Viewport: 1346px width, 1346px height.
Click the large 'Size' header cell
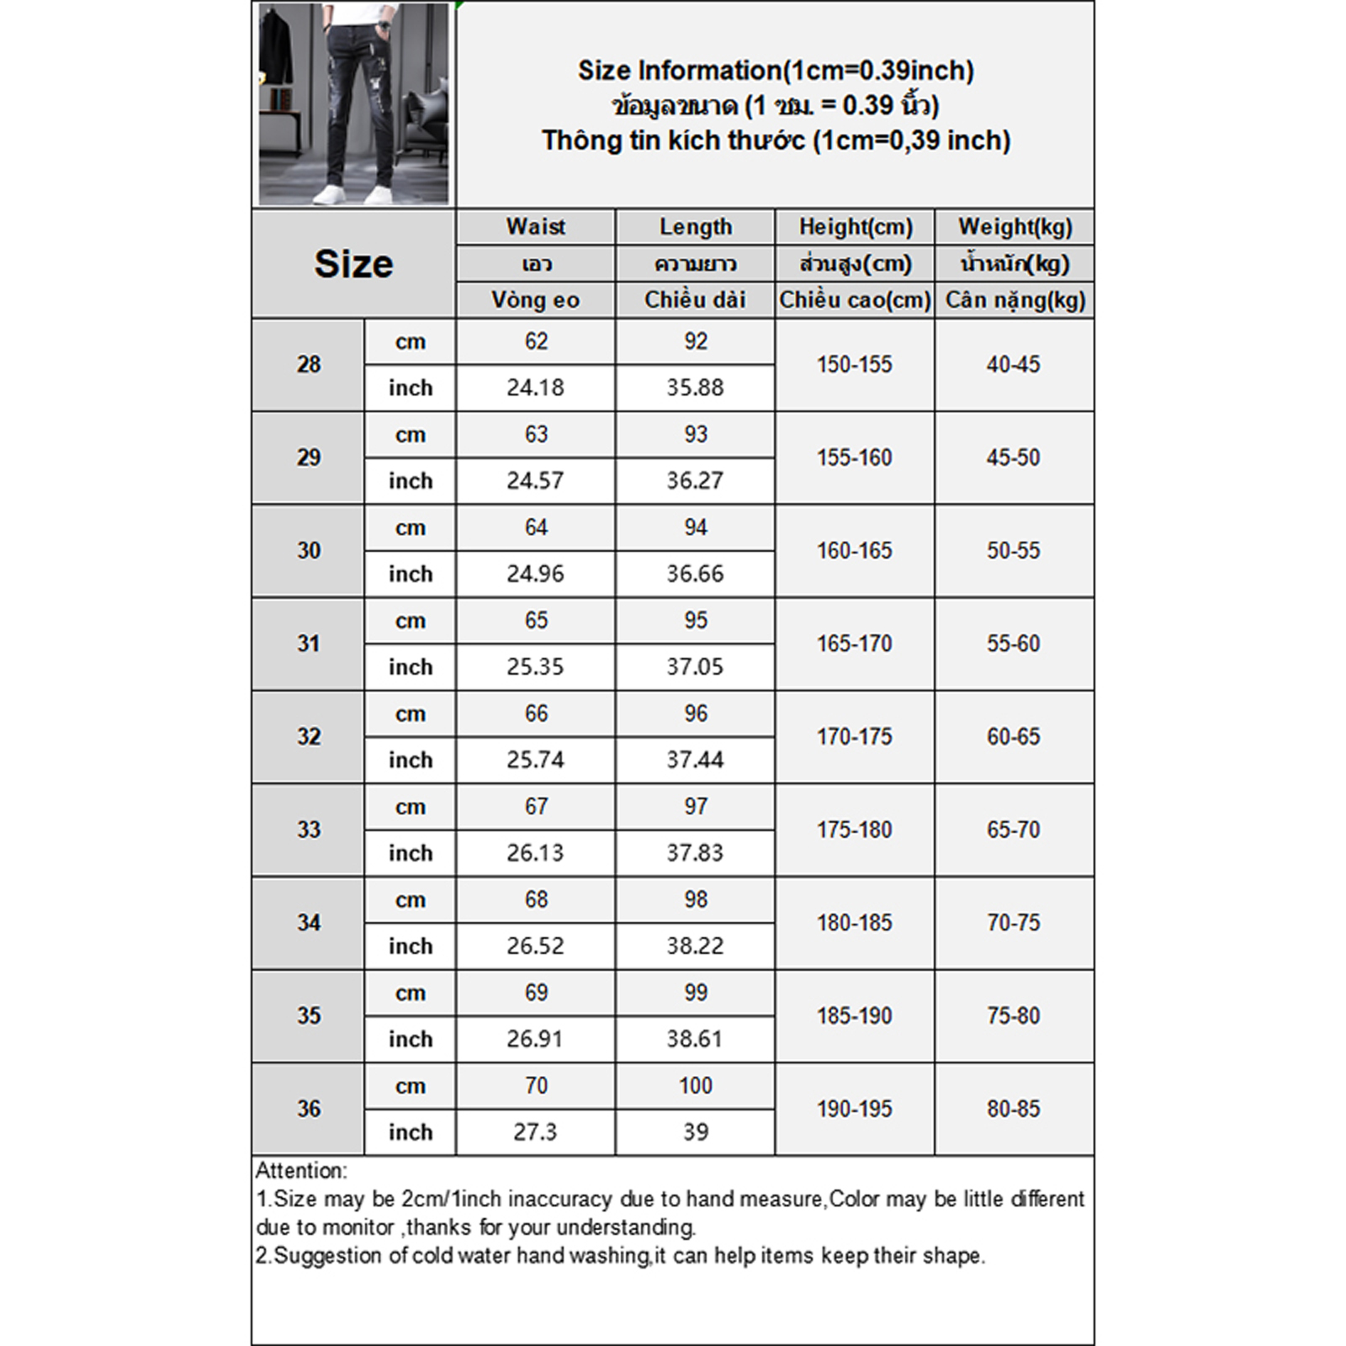[353, 264]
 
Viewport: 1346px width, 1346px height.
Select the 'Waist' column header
[535, 227]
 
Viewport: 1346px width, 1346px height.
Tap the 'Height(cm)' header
[855, 227]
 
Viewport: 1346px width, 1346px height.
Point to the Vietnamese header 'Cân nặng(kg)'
[1015, 300]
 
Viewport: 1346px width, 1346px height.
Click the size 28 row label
[309, 365]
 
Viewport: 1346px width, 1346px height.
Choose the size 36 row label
[309, 1109]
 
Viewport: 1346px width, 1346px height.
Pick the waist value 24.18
[535, 388]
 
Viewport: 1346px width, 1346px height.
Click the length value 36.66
[695, 574]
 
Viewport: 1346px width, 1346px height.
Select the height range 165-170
[854, 644]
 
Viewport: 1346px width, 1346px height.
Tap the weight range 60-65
[1013, 737]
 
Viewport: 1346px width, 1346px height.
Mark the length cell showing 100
[695, 1086]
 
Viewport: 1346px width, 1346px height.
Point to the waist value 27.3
[535, 1132]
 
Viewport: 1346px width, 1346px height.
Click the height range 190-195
[854, 1109]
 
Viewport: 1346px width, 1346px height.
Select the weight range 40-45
[1013, 365]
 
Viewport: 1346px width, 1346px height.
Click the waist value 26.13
[535, 853]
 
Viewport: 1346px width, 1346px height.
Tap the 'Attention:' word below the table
[300, 1171]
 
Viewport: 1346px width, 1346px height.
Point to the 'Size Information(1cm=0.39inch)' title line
[775, 71]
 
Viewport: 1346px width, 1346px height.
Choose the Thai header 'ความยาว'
[695, 264]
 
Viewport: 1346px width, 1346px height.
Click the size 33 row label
[309, 830]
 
